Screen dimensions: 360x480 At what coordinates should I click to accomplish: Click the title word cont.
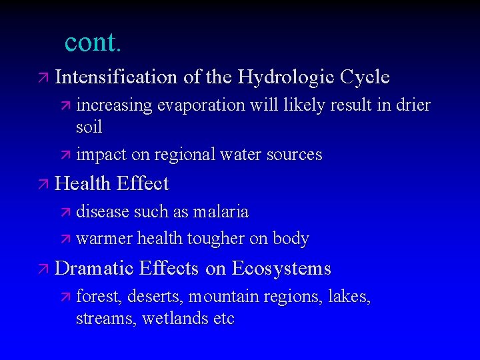point(93,42)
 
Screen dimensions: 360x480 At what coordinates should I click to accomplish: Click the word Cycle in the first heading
point(364,77)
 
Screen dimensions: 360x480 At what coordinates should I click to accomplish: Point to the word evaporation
point(194,105)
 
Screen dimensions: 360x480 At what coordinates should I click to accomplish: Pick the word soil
point(89,126)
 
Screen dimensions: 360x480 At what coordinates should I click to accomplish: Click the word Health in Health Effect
point(83,183)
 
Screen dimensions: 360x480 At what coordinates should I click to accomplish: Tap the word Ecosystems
point(281,268)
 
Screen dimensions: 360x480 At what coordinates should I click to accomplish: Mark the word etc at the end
point(223,318)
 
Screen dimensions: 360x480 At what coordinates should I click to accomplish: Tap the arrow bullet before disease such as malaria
point(65,213)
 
